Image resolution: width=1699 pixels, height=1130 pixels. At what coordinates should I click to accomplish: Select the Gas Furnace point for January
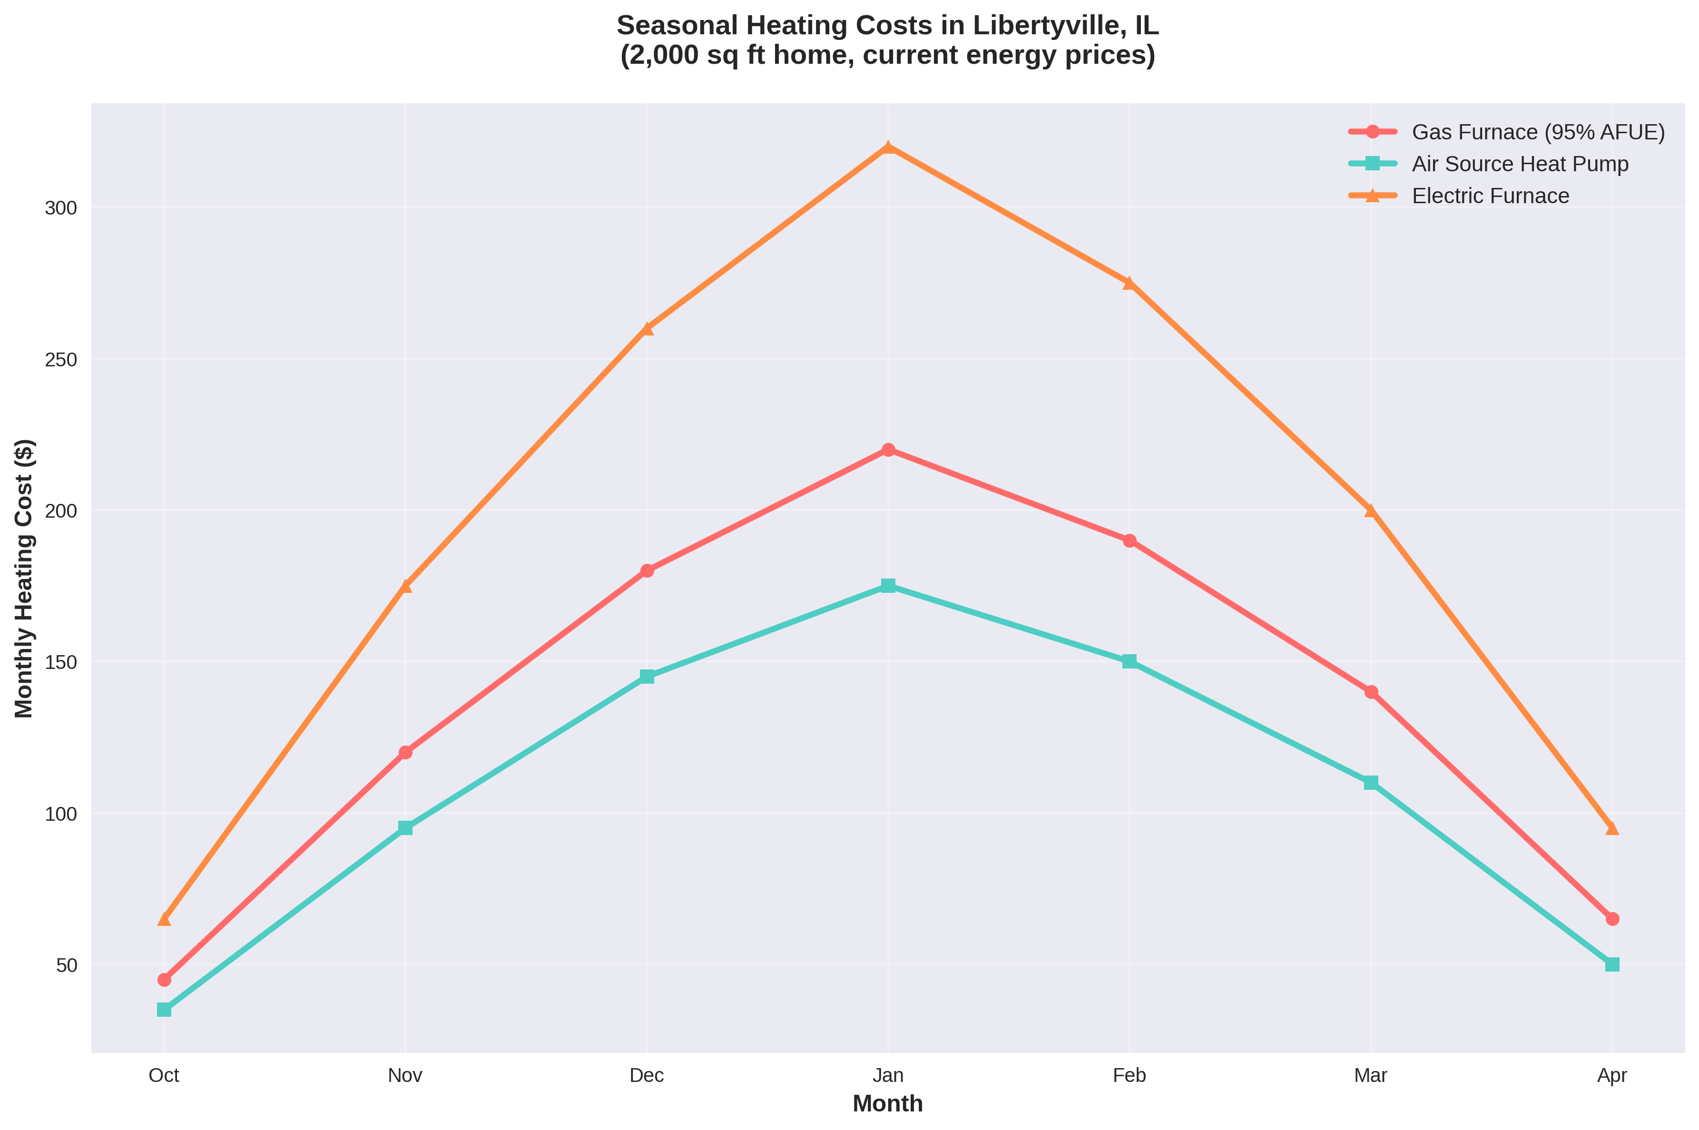tap(888, 450)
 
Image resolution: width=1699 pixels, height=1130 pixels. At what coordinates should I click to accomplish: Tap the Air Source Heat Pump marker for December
tap(646, 676)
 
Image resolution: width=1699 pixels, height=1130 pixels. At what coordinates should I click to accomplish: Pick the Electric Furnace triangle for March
tap(1370, 510)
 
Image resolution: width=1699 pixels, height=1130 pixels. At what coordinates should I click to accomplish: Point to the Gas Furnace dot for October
tap(164, 979)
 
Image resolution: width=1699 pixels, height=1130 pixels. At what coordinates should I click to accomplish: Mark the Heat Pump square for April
tap(1612, 964)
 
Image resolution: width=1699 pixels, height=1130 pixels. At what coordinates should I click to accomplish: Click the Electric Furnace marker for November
tap(406, 586)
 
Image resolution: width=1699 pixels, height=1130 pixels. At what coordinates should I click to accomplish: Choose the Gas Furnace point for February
tap(1129, 540)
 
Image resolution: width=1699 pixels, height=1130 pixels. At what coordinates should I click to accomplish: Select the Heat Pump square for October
tap(164, 1010)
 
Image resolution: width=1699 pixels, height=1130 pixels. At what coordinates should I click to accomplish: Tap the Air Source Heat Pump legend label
tap(1520, 164)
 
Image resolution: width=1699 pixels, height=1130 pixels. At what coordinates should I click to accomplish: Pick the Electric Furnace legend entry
tap(1490, 196)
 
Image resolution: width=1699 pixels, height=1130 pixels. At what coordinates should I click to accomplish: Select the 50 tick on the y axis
tap(66, 965)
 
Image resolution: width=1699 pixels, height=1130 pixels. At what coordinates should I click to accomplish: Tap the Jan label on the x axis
tap(888, 1076)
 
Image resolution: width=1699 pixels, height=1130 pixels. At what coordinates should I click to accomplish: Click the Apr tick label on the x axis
tap(1612, 1076)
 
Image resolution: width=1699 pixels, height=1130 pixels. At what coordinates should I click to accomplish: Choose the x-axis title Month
tap(888, 1104)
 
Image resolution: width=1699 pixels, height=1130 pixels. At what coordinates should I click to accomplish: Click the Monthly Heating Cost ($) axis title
tap(24, 578)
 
